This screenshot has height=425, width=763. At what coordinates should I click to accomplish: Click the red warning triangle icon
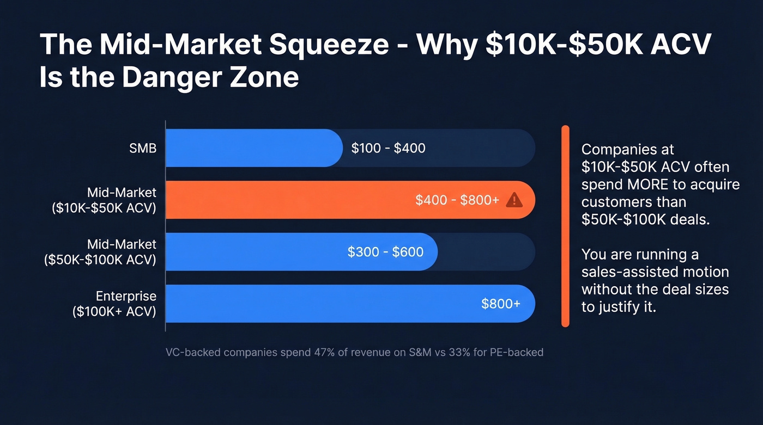(514, 200)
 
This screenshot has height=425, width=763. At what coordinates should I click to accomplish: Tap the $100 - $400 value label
(388, 148)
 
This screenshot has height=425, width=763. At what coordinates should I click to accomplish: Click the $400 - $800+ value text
(457, 200)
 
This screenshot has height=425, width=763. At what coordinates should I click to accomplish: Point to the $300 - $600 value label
(385, 252)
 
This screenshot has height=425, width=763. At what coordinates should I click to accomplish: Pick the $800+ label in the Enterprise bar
(500, 304)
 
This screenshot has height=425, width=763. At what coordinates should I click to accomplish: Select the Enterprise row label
(126, 296)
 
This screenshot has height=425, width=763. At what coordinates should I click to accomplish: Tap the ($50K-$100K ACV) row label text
(100, 260)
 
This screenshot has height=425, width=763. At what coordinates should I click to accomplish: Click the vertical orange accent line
(565, 226)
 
